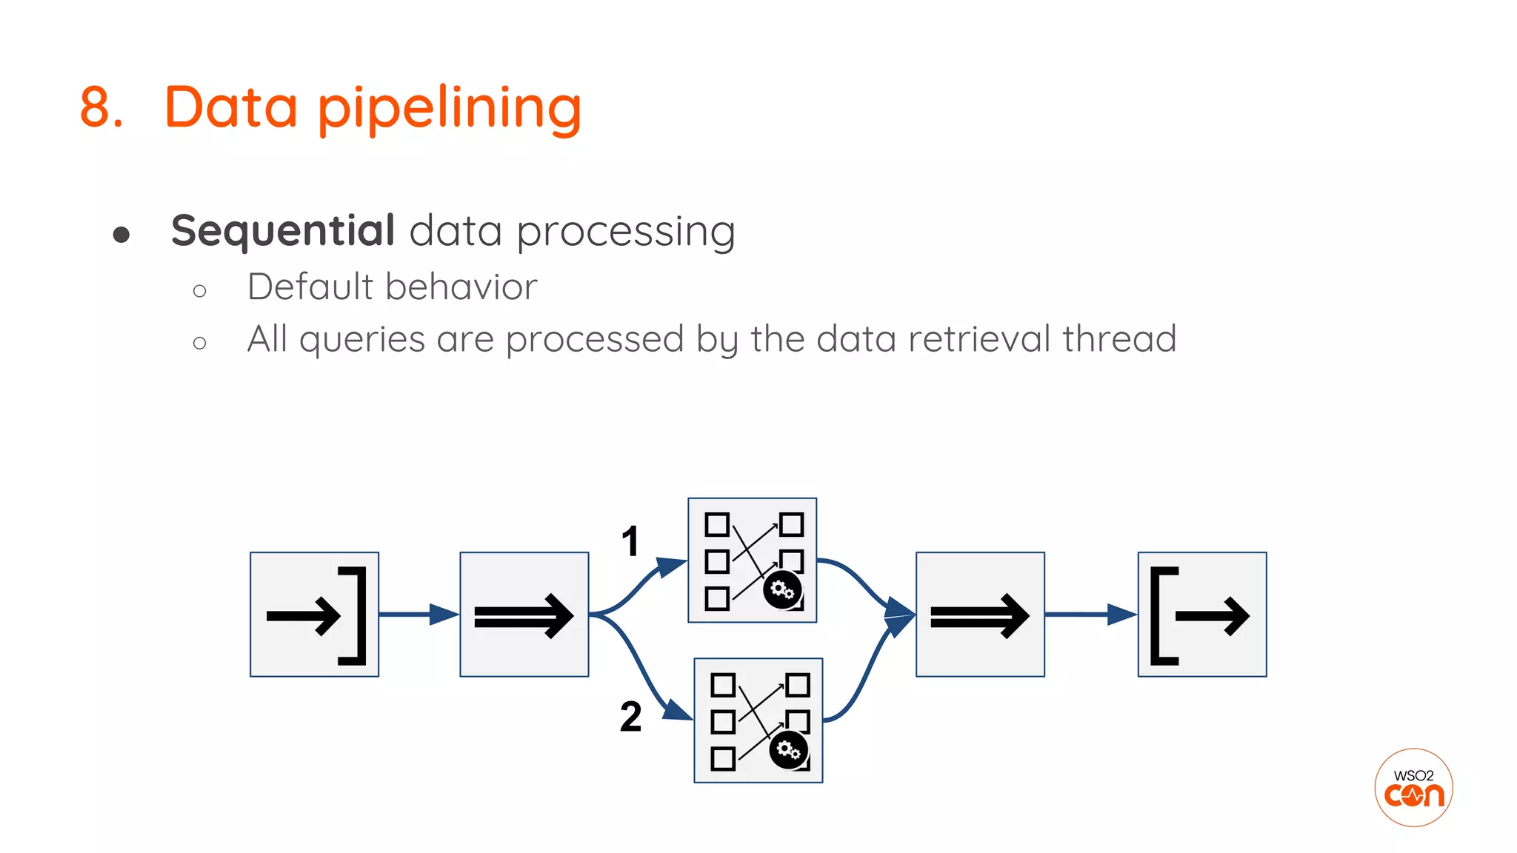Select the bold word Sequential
283,230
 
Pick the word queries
361,340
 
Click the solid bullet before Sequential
121,235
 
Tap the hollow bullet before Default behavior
199,291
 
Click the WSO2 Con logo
1413,788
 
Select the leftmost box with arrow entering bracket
315,614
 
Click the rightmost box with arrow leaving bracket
1201,614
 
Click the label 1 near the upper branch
630,541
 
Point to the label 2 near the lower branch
630,717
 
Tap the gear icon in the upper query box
782,590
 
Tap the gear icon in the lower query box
789,751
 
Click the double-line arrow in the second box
524,615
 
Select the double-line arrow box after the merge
979,615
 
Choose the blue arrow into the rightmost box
1091,614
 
